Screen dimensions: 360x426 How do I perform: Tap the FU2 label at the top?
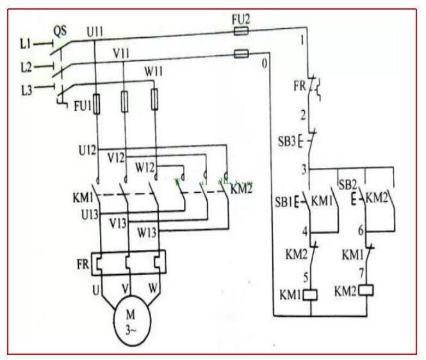(x=241, y=19)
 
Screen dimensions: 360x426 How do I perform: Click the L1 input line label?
(x=25, y=44)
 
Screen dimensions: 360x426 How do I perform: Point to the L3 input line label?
(x=25, y=88)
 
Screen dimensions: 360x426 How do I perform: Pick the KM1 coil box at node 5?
(x=311, y=295)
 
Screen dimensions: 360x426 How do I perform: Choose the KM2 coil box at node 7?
(x=367, y=290)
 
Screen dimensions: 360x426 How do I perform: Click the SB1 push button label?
(x=284, y=203)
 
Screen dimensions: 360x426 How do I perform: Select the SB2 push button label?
(x=347, y=183)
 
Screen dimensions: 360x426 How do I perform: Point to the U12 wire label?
(x=86, y=151)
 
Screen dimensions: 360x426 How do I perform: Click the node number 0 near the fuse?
(x=264, y=63)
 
